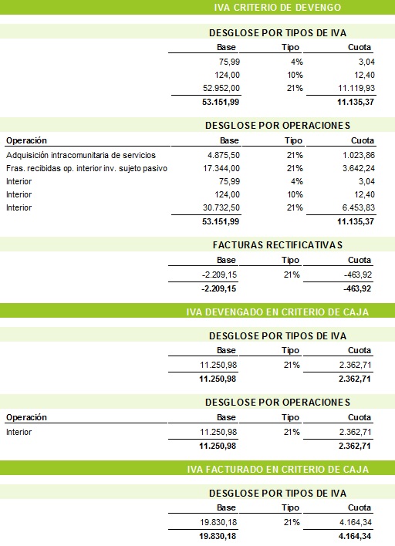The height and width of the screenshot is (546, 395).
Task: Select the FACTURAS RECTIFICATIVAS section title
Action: [x=277, y=244]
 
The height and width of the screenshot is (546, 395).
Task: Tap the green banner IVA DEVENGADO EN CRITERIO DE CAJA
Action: [x=278, y=312]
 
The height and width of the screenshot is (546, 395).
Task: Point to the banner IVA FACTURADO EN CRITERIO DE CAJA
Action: [x=278, y=469]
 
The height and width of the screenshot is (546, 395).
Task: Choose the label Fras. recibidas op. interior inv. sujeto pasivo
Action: [x=86, y=168]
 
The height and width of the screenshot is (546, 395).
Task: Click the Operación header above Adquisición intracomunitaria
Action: [x=26, y=141]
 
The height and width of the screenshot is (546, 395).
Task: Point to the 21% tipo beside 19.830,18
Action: [x=292, y=522]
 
